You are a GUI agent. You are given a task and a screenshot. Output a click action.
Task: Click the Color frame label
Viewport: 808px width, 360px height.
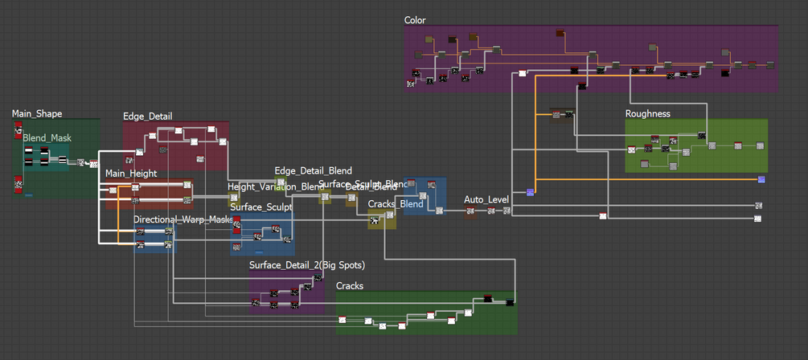pyautogui.click(x=415, y=20)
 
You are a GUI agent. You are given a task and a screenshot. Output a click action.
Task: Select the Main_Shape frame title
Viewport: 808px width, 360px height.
pyautogui.click(x=37, y=113)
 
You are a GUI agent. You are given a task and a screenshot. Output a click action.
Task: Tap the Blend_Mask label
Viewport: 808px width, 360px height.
pyautogui.click(x=47, y=138)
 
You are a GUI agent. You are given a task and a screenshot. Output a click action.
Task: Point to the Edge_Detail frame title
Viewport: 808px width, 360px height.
pyautogui.click(x=147, y=117)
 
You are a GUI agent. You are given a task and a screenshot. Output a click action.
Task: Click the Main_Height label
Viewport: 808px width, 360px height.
pyautogui.click(x=131, y=173)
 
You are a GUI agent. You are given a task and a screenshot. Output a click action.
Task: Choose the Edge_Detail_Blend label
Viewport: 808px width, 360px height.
pyautogui.click(x=313, y=171)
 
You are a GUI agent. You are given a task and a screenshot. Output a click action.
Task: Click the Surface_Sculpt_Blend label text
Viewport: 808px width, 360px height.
pyautogui.click(x=363, y=184)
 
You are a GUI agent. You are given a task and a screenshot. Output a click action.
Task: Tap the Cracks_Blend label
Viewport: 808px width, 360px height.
pyautogui.click(x=396, y=203)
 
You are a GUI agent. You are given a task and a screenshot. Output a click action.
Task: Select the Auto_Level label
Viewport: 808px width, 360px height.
pyautogui.click(x=487, y=199)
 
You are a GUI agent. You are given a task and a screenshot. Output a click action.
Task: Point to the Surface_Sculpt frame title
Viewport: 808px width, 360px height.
pyautogui.click(x=261, y=207)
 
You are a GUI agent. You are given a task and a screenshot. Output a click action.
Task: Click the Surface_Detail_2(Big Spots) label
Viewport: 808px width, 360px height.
pyautogui.click(x=307, y=265)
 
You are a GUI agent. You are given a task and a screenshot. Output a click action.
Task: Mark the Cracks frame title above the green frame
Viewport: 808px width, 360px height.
pyautogui.click(x=349, y=286)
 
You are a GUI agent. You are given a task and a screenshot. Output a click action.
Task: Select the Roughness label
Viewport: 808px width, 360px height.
pyautogui.click(x=647, y=113)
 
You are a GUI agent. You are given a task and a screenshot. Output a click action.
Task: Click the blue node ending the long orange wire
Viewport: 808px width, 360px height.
pyautogui.click(x=761, y=179)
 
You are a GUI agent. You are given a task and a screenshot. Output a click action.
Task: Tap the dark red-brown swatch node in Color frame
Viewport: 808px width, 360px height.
pyautogui.click(x=560, y=34)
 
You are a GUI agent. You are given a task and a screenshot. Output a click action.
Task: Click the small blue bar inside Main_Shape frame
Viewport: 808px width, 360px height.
pyautogui.click(x=29, y=195)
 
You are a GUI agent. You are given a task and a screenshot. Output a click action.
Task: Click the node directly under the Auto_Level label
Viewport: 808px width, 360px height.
pyautogui.click(x=470, y=211)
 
